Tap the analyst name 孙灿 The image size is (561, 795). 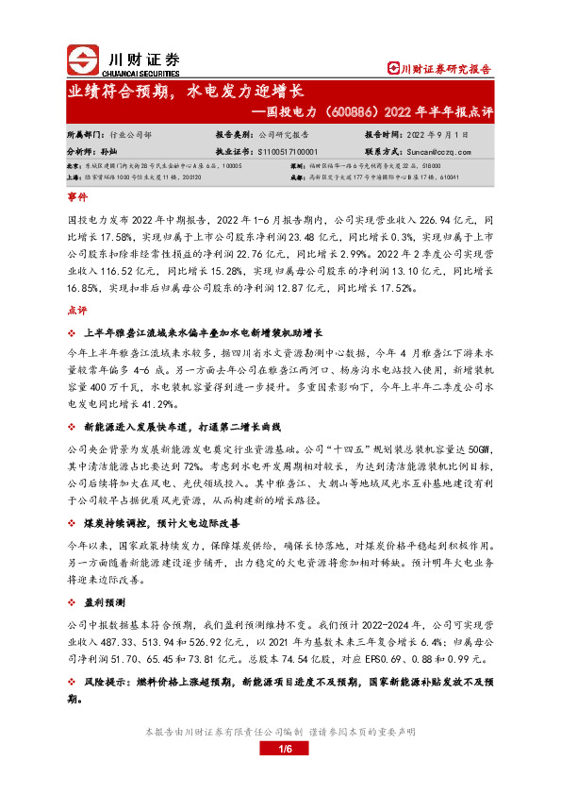108,150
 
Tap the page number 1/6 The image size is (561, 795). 280,750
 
